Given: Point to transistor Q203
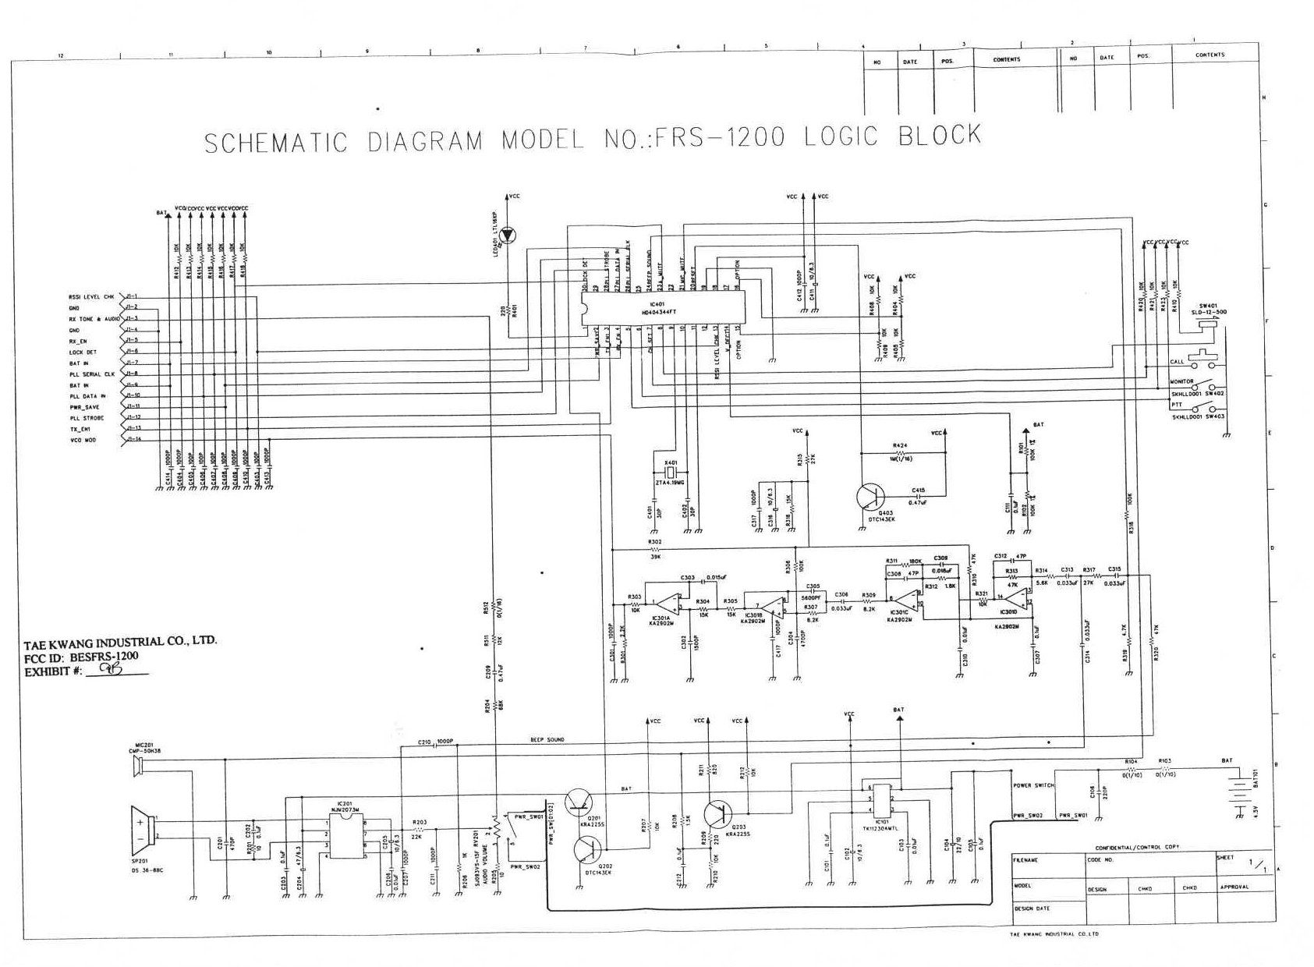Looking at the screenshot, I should point(717,815).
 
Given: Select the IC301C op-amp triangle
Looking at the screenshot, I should point(905,600).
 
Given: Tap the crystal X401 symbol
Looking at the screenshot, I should point(670,473).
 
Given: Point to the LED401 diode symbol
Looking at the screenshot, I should point(507,234).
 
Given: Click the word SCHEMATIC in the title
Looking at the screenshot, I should point(275,142).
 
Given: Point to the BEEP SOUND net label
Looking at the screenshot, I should point(547,739).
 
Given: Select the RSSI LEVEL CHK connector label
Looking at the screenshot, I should point(91,296).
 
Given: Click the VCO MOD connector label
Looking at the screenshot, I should point(83,441).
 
